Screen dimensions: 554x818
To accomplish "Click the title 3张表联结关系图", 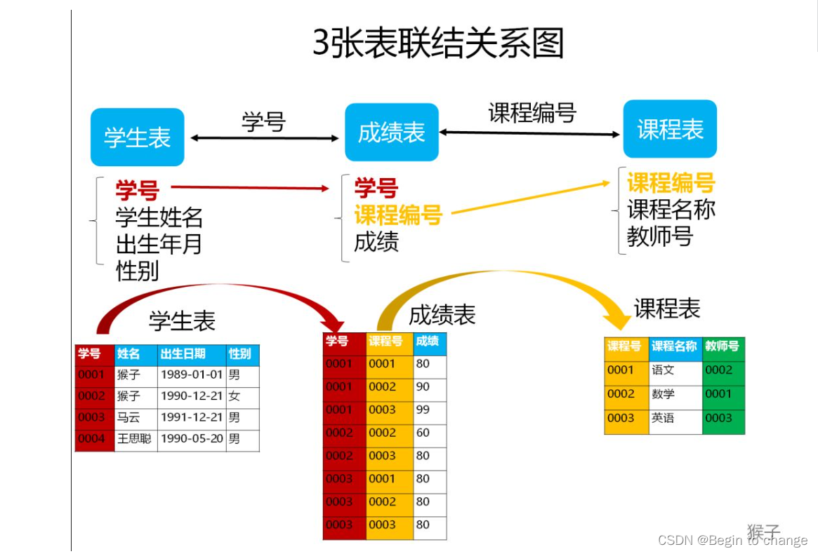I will pyautogui.click(x=438, y=43).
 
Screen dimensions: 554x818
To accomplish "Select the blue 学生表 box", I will pyautogui.click(x=138, y=137).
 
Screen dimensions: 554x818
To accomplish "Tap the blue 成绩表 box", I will pyautogui.click(x=391, y=133).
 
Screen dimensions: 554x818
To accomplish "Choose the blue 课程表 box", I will pyautogui.click(x=670, y=129).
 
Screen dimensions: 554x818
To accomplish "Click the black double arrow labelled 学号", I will pyautogui.click(x=265, y=138).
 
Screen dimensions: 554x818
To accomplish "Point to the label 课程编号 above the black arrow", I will pyautogui.click(x=532, y=113).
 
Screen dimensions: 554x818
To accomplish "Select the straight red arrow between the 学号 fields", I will pyautogui.click(x=250, y=187).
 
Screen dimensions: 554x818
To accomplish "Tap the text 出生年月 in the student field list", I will pyautogui.click(x=159, y=244).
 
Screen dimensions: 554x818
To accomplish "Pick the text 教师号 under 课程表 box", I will pyautogui.click(x=659, y=236).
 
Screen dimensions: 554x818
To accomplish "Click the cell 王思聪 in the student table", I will pyautogui.click(x=135, y=440).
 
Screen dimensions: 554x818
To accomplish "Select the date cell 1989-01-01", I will pyautogui.click(x=192, y=375).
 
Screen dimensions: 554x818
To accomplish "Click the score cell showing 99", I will pyautogui.click(x=423, y=410).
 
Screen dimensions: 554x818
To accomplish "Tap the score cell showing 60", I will pyautogui.click(x=423, y=433).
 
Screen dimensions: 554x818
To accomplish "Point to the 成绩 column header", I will pyautogui.click(x=428, y=342).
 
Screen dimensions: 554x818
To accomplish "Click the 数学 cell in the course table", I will pyautogui.click(x=664, y=395).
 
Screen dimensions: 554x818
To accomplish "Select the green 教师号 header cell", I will pyautogui.click(x=723, y=346).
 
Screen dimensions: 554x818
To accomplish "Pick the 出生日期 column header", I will pyautogui.click(x=184, y=353).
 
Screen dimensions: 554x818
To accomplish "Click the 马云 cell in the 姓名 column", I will pyautogui.click(x=129, y=418).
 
